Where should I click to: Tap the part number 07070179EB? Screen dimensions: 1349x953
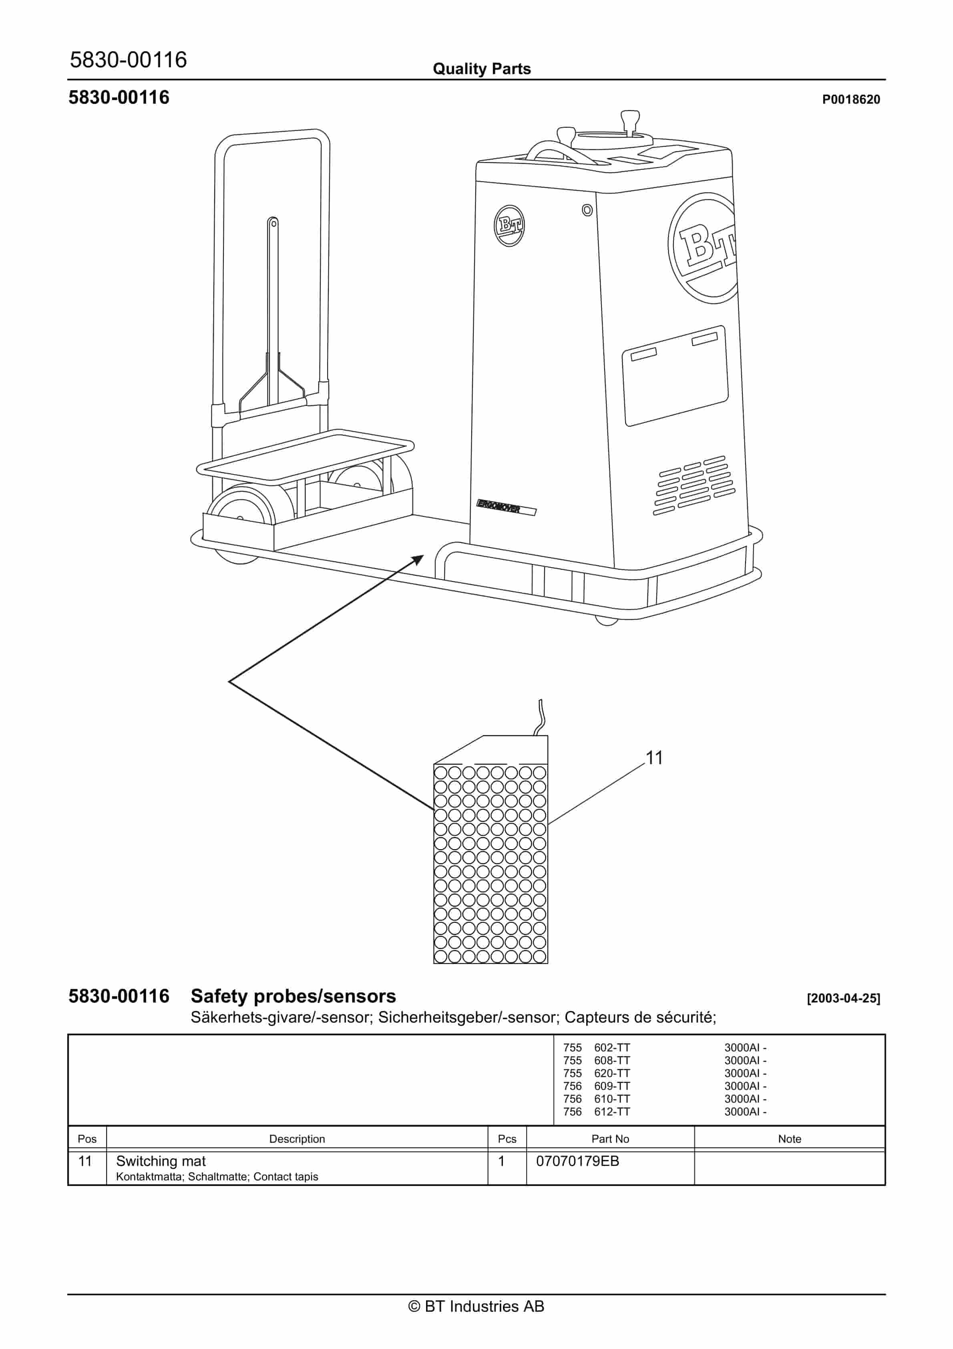(x=577, y=1161)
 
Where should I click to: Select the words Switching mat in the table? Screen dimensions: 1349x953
(x=161, y=1161)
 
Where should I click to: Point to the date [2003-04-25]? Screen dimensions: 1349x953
(x=843, y=998)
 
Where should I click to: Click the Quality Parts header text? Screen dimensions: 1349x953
(x=481, y=69)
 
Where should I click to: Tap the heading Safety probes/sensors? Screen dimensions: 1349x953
(x=293, y=997)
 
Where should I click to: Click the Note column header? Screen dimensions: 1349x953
(x=789, y=1139)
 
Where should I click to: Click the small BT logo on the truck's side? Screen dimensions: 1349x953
(x=509, y=226)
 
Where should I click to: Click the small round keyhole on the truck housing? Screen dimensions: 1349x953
(x=587, y=210)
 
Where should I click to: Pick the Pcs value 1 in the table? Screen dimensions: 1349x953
(x=501, y=1161)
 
